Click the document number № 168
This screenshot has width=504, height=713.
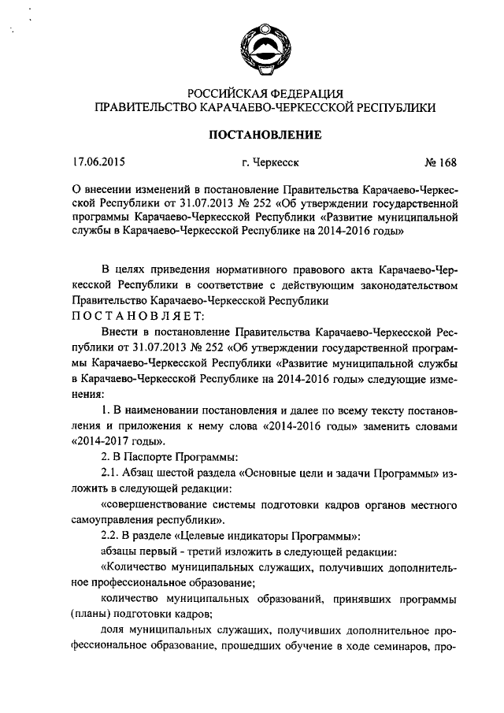[439, 163]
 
